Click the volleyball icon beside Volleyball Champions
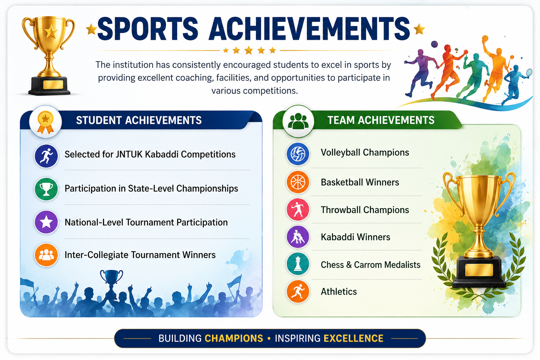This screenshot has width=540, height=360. click(298, 154)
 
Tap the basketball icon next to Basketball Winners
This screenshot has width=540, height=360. click(298, 182)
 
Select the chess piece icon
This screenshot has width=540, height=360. click(298, 264)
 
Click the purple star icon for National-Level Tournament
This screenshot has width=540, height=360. click(46, 222)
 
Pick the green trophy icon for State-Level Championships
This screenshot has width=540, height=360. click(46, 189)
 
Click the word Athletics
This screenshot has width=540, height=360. click(339, 291)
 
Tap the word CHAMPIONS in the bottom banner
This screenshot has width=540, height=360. click(234, 338)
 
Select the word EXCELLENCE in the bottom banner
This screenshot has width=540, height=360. click(353, 338)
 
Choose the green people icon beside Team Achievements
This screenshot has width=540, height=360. click(298, 121)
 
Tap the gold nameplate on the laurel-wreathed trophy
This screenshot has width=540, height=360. click(479, 270)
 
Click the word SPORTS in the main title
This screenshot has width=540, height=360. click(148, 28)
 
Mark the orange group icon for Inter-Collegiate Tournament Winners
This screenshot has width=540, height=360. click(46, 255)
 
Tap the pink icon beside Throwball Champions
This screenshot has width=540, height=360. click(298, 209)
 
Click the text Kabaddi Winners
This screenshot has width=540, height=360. click(355, 237)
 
